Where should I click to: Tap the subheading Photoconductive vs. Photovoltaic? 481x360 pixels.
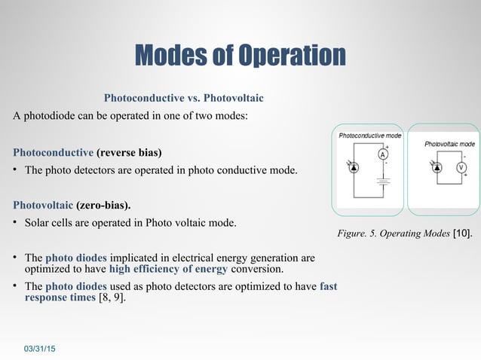183,98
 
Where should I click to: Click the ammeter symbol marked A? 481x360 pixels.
383,154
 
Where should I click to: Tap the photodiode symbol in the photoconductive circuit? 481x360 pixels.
355,167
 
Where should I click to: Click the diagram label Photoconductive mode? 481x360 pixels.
369,136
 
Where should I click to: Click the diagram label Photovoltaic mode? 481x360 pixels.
449,143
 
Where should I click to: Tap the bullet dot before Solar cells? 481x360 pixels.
16,223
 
